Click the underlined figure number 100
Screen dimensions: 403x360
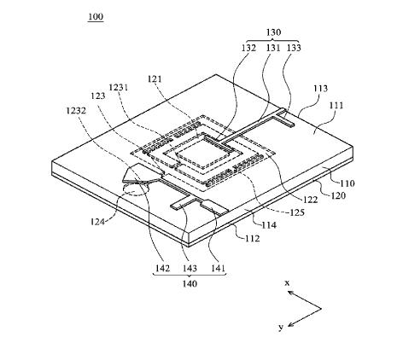(x=96, y=17)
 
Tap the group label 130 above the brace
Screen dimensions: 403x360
(x=273, y=32)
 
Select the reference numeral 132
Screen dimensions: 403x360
(x=249, y=48)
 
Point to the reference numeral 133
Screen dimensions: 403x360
(x=294, y=48)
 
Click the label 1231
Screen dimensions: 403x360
(x=119, y=87)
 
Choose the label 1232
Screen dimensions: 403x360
(x=76, y=110)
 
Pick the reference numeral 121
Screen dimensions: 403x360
(x=155, y=78)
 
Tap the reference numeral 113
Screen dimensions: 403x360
(x=320, y=89)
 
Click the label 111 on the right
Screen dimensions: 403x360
(x=336, y=106)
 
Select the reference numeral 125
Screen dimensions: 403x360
(x=297, y=212)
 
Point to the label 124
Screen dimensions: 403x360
(x=97, y=221)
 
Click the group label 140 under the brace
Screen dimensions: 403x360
(x=190, y=283)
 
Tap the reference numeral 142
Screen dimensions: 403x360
(x=162, y=268)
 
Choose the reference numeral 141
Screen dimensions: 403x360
(x=218, y=268)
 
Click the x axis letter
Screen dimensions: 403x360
(x=287, y=283)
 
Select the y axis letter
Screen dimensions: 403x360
(x=281, y=328)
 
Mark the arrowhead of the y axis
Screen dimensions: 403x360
(x=290, y=324)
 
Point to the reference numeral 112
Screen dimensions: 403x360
(x=253, y=238)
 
